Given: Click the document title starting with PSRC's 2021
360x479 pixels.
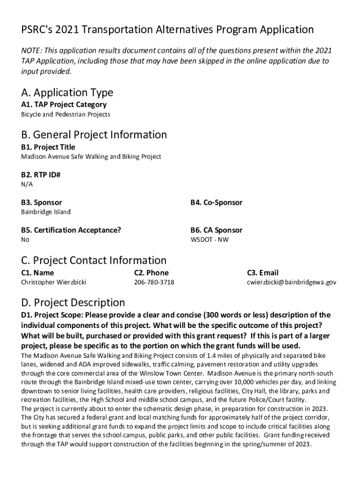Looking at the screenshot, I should pyautogui.click(x=167, y=30).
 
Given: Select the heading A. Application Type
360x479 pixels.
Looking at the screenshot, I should pyautogui.click(x=67, y=92).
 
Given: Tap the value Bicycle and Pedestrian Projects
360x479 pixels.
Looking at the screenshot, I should pyautogui.click(x=65, y=114).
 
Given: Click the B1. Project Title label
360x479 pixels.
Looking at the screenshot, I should pyautogui.click(x=48, y=147).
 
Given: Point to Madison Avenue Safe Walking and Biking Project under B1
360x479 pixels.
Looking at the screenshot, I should pyautogui.click(x=91, y=157).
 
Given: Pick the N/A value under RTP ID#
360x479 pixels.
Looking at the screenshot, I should pyautogui.click(x=27, y=184).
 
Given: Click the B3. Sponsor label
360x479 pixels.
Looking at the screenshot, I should pyautogui.click(x=41, y=203).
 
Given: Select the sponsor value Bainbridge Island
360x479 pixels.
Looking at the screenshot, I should pyautogui.click(x=46, y=212).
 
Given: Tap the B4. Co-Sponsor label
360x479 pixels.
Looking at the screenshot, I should pyautogui.click(x=216, y=203).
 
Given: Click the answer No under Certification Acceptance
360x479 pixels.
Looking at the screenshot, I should pyautogui.click(x=25, y=239).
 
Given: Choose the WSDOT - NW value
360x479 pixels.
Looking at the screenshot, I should pyautogui.click(x=209, y=239).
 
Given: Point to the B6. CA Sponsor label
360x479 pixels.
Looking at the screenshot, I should pyautogui.click(x=216, y=230).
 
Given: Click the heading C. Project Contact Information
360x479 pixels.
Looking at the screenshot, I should pyautogui.click(x=94, y=260).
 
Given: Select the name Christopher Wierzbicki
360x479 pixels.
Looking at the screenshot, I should pyautogui.click(x=54, y=282).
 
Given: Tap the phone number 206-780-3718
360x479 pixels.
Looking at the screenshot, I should pyautogui.click(x=154, y=282).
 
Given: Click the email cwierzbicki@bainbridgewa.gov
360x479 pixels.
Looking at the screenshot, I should pyautogui.click(x=291, y=282).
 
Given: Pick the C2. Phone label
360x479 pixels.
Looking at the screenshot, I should pyautogui.click(x=151, y=273).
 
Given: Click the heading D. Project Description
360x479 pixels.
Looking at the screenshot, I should pyautogui.click(x=73, y=302).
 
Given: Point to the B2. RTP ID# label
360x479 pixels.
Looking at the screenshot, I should pyautogui.click(x=41, y=175).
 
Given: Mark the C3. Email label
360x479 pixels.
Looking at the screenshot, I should pyautogui.click(x=262, y=273).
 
